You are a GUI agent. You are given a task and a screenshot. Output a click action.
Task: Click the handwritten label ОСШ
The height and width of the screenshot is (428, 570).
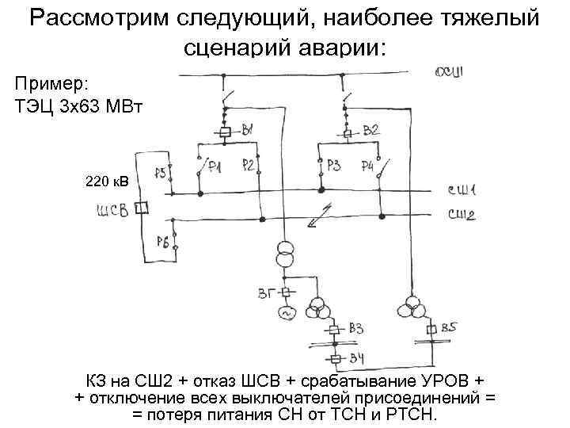pos(454,74)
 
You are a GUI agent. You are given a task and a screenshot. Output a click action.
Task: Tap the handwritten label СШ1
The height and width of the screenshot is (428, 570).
pos(462,190)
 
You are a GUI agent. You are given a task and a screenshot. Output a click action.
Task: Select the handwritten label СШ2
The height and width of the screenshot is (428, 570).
pos(462,214)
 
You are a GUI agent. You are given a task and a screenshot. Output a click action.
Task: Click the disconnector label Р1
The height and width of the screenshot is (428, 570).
pos(214,167)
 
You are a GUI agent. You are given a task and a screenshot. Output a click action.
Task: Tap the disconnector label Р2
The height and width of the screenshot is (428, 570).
pos(248,165)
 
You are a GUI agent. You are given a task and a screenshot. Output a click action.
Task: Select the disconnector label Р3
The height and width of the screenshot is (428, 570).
pos(334,165)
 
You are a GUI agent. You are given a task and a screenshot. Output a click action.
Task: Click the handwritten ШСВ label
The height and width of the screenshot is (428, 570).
pos(112,210)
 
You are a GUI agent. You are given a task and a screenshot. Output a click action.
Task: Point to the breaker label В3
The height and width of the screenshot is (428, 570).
pos(357,328)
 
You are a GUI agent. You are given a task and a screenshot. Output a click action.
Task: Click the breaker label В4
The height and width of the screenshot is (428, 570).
pos(358,361)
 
